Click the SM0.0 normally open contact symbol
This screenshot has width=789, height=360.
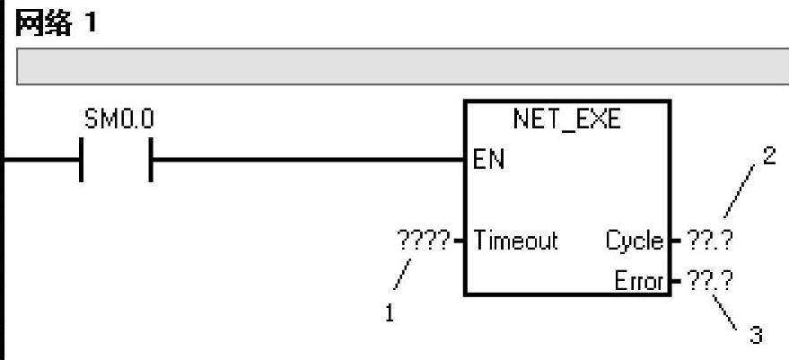pos(116,160)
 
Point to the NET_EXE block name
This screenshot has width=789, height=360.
pos(566,120)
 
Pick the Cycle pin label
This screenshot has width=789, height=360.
pos(634,241)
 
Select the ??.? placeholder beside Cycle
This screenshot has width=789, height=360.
pos(709,241)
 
